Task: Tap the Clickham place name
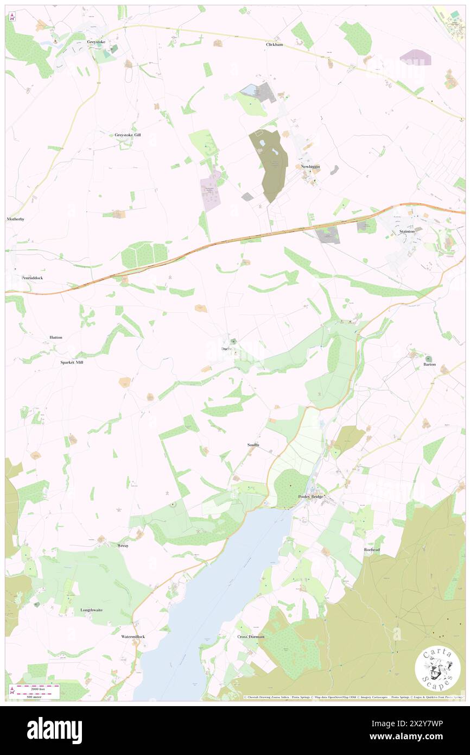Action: (275, 45)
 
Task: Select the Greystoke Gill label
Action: (128, 135)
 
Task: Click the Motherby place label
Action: (16, 219)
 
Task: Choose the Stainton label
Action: (407, 231)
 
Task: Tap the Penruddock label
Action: (32, 278)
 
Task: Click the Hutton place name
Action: (56, 337)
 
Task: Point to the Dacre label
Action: (227, 348)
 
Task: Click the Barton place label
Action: (429, 364)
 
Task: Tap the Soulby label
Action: (253, 445)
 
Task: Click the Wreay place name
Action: (123, 545)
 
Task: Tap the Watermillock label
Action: (133, 636)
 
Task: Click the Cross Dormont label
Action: (251, 637)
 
